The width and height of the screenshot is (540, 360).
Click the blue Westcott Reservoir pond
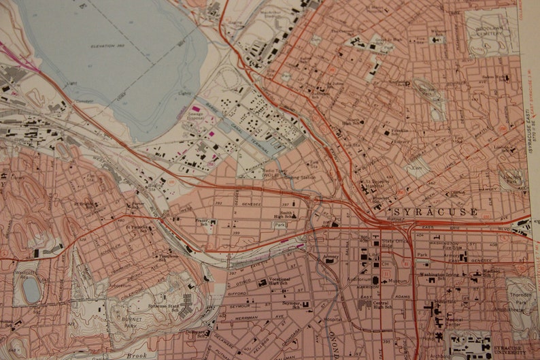point(31,290)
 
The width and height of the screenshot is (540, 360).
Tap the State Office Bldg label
point(395,243)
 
